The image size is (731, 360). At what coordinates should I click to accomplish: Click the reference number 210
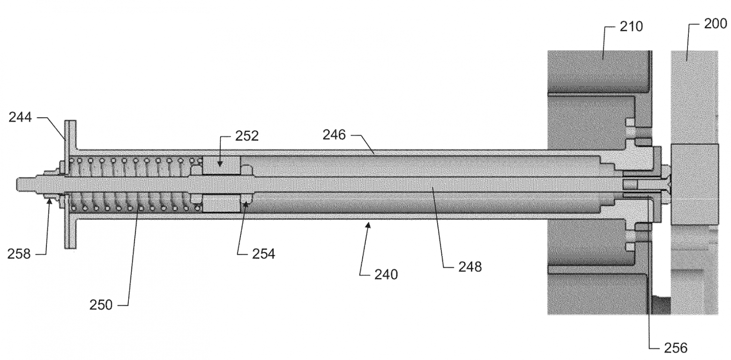[x=631, y=26]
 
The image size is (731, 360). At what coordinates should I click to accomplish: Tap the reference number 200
[x=716, y=23]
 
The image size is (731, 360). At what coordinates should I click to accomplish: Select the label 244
[x=20, y=117]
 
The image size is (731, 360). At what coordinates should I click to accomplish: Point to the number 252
[x=246, y=136]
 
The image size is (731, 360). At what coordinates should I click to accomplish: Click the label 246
[x=334, y=135]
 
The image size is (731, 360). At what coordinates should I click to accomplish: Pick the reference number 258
[x=19, y=254]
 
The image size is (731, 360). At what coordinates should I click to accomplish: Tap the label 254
[x=263, y=254]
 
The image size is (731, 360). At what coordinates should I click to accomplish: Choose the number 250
[x=101, y=305]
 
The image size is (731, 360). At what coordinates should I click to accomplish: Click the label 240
[x=386, y=275]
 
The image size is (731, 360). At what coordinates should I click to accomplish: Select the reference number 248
[x=470, y=267]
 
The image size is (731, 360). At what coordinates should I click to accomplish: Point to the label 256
[x=676, y=348]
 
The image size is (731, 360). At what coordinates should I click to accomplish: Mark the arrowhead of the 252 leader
[x=220, y=164]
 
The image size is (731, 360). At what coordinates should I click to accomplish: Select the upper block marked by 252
[x=222, y=165]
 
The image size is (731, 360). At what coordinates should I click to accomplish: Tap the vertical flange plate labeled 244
[x=70, y=184]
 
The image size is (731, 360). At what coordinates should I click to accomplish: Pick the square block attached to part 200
[x=695, y=184]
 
